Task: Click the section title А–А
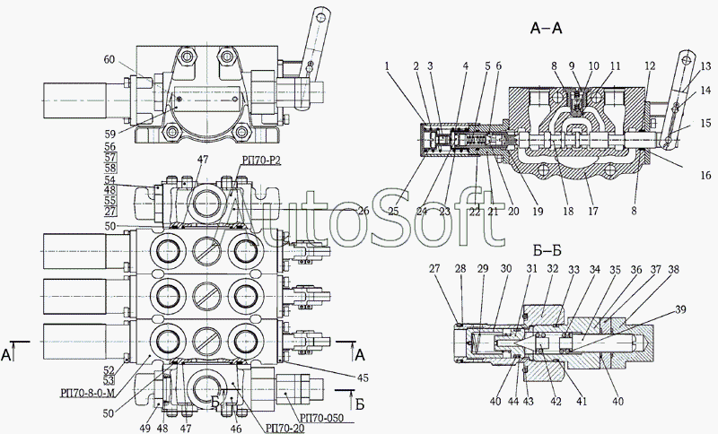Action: (x=547, y=30)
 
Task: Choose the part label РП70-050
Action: (x=322, y=417)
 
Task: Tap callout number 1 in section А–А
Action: (x=386, y=65)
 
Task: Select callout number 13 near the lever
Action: (x=705, y=65)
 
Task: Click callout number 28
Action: (x=459, y=268)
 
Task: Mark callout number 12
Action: (x=648, y=65)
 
